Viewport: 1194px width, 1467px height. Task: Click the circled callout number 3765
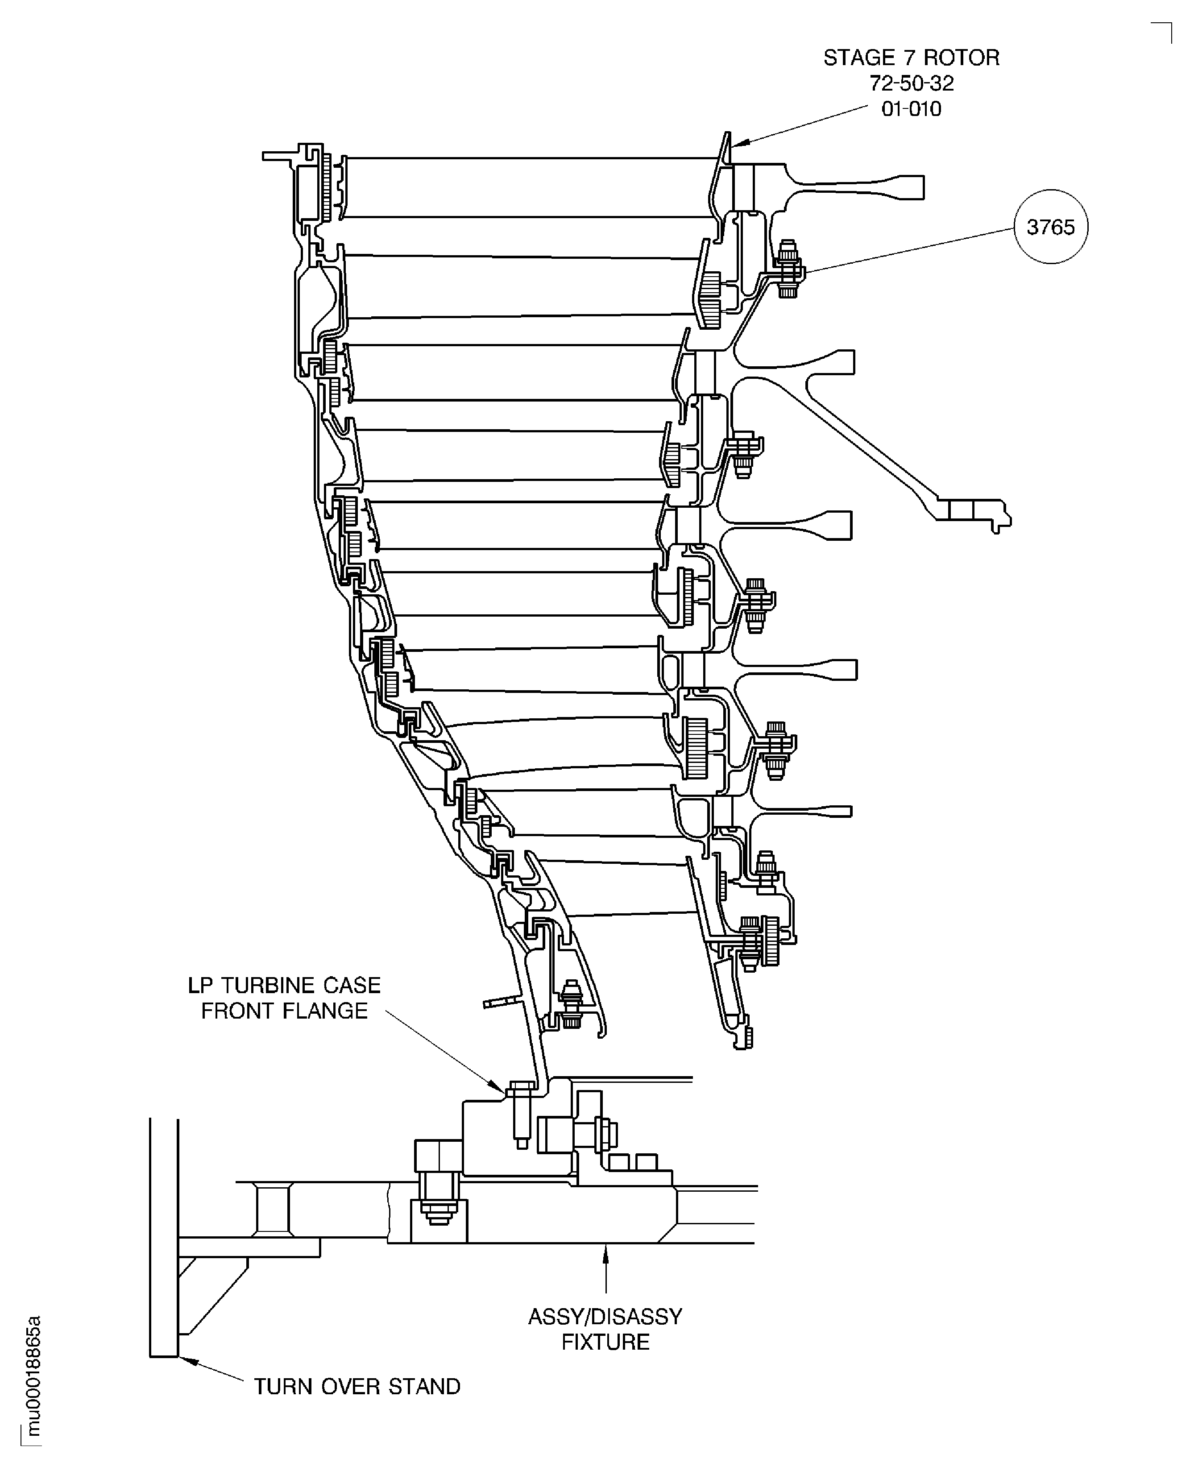coord(1050,227)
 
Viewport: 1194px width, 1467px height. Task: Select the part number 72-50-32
coord(912,83)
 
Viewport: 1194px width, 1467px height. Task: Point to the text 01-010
coord(911,109)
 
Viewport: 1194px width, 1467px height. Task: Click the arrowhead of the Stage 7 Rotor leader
coord(739,143)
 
